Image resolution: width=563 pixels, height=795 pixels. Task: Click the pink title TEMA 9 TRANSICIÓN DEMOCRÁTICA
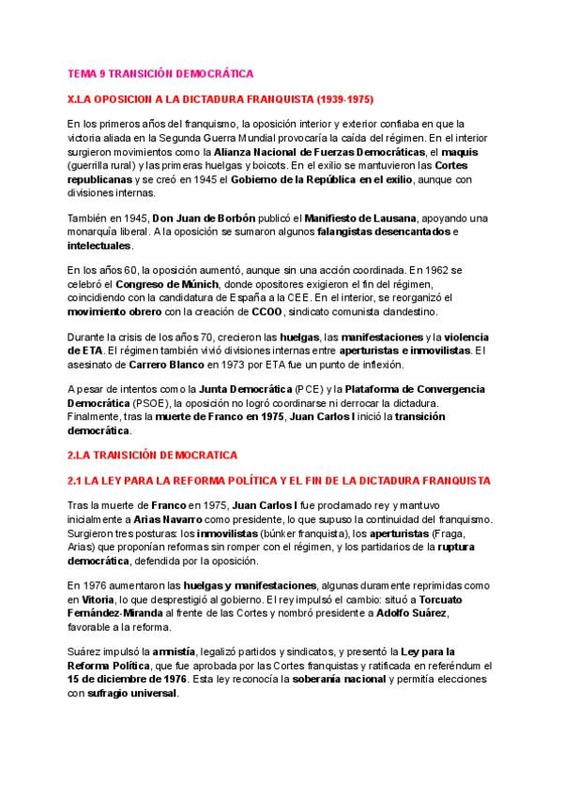(161, 72)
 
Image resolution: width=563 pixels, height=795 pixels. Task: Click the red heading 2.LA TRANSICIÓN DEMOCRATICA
(155, 455)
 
